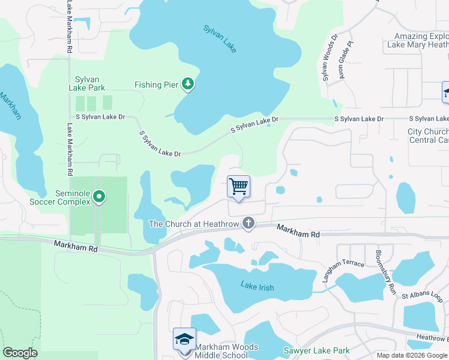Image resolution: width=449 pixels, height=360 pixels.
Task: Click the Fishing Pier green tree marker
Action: pyautogui.click(x=188, y=85)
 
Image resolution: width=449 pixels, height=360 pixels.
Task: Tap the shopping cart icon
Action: pyautogui.click(x=238, y=187)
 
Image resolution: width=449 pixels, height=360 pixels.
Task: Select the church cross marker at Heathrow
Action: pyautogui.click(x=249, y=224)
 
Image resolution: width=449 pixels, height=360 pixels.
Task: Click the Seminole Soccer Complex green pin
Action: pyautogui.click(x=100, y=196)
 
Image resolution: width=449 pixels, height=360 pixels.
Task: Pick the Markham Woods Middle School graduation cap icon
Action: pyautogui.click(x=184, y=339)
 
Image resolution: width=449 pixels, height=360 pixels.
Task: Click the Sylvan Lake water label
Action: pyautogui.click(x=220, y=38)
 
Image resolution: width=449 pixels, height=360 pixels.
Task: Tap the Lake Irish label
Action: pyautogui.click(x=258, y=287)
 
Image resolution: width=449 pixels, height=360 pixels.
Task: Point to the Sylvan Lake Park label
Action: pyautogui.click(x=87, y=83)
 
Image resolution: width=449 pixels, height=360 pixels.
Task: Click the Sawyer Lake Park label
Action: pyautogui.click(x=324, y=350)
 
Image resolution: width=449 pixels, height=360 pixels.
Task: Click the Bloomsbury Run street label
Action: pyautogui.click(x=385, y=271)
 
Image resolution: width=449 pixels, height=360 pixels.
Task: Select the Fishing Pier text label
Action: pyautogui.click(x=156, y=85)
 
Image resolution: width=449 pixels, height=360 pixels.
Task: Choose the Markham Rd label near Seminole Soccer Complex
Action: pyautogui.click(x=75, y=245)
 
